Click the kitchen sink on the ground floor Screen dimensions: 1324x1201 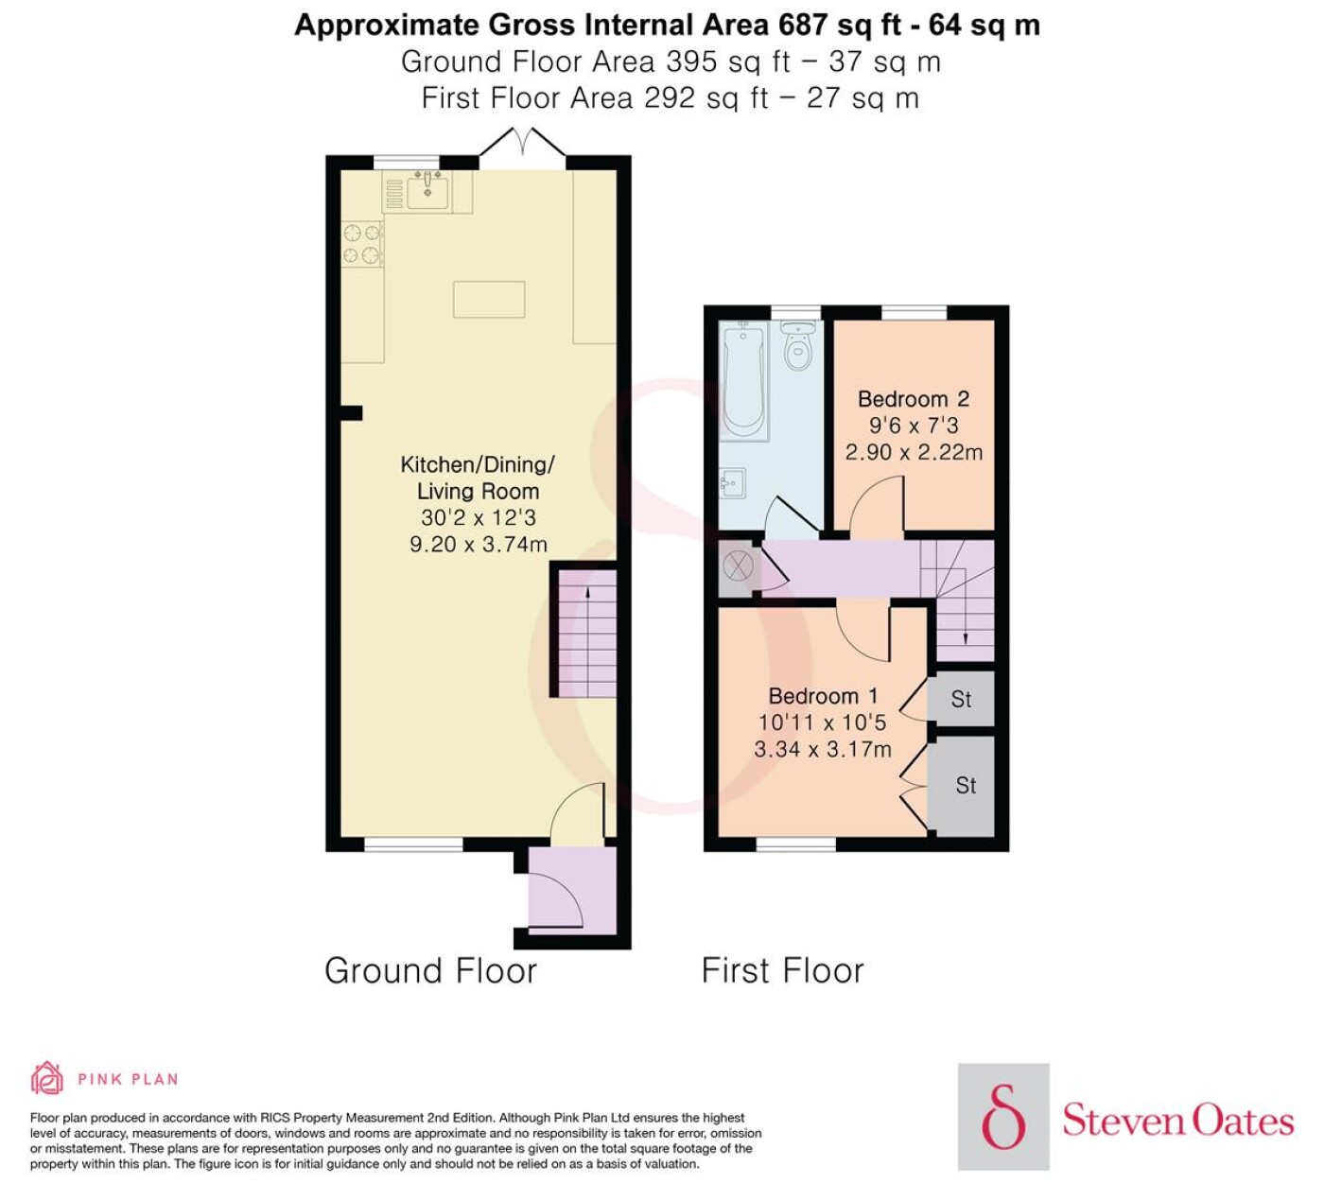pos(427,191)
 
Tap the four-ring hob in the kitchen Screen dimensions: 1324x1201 pos(362,244)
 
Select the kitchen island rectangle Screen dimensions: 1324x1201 pos(489,299)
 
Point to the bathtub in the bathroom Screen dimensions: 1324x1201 pos(744,381)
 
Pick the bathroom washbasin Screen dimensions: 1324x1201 pos(733,483)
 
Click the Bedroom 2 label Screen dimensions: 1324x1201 pos(914,399)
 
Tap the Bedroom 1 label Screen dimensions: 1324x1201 pos(823,696)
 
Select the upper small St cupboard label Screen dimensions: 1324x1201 pos(961,699)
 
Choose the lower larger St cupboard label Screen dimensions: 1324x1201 pos(966,785)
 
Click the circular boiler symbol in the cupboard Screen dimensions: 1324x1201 pos(738,566)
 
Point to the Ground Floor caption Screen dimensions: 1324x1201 pos(431,970)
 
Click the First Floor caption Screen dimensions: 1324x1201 pos(783,970)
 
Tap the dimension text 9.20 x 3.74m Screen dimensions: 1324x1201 pos(479,544)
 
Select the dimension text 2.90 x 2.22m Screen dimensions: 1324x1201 pos(914,452)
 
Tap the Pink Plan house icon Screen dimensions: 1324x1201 pos(47,1079)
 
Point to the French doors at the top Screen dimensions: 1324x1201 pos(522,143)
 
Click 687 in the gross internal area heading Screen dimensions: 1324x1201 pos(802,26)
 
